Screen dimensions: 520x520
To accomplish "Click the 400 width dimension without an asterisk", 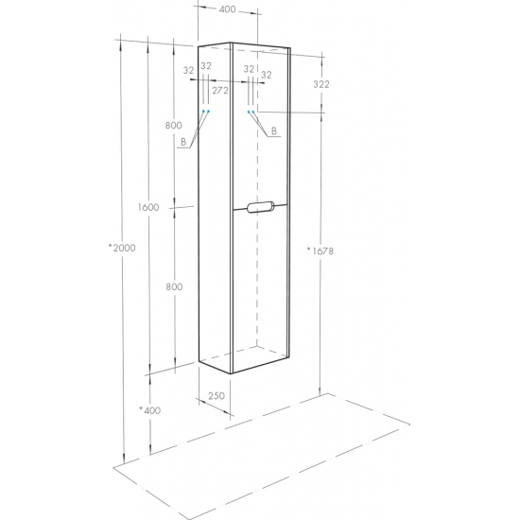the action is [x=228, y=9].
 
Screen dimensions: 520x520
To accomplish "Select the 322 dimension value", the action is [x=321, y=84].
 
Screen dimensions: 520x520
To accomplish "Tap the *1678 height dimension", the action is [x=320, y=251].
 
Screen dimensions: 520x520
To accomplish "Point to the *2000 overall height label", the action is [x=122, y=248].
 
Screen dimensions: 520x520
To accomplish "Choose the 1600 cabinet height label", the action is [x=148, y=207].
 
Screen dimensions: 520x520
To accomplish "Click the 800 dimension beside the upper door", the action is [x=174, y=125].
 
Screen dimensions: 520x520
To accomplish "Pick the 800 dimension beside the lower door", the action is [x=174, y=286].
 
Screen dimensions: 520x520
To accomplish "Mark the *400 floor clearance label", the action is [x=150, y=410].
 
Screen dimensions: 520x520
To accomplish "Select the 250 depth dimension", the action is [x=217, y=395].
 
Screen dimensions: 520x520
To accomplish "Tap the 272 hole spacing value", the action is [x=220, y=90].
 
